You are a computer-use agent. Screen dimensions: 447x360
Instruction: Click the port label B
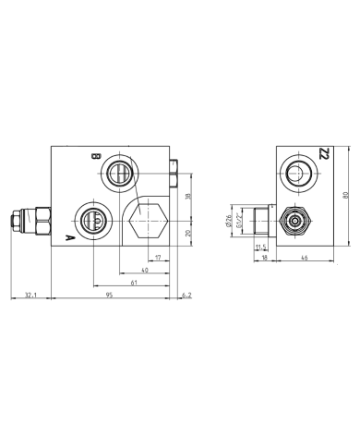point(94,158)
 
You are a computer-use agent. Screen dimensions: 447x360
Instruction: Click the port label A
point(69,238)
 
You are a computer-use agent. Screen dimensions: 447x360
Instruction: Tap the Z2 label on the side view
point(321,153)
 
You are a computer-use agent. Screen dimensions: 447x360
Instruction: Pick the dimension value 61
point(135,280)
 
